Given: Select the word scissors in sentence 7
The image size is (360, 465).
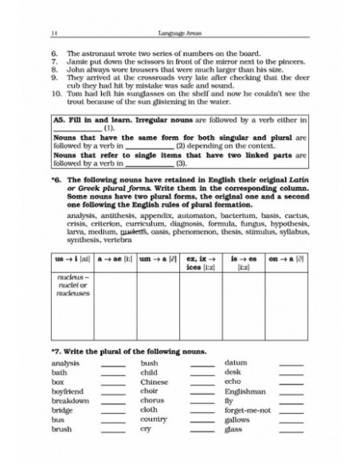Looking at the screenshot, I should (129, 59).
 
